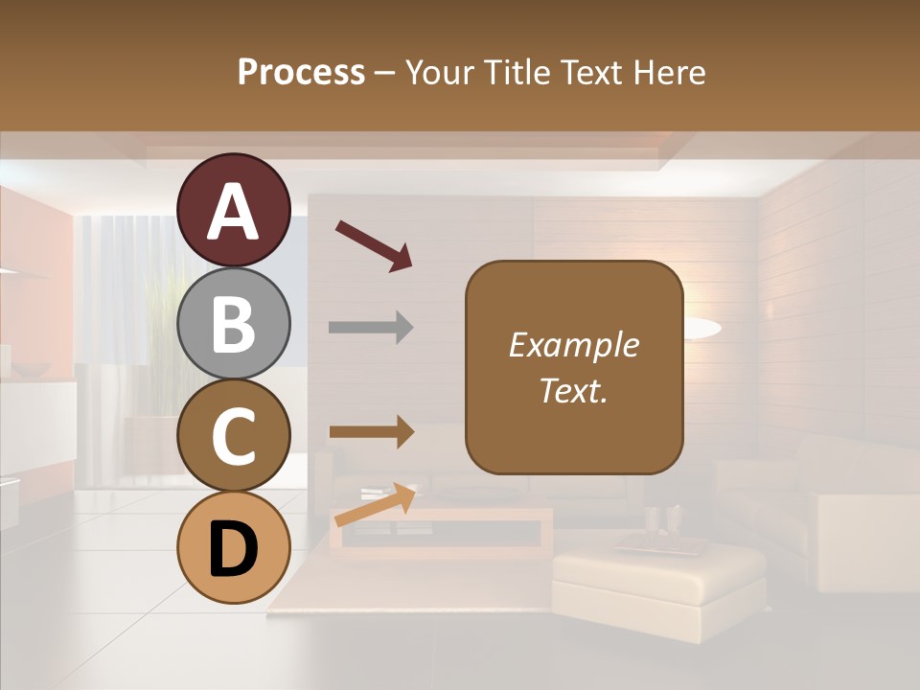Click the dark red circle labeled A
(234, 210)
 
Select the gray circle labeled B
(234, 323)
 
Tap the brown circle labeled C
(234, 435)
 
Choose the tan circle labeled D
(234, 548)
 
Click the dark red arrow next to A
(374, 245)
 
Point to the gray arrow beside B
(371, 328)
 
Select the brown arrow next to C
(371, 432)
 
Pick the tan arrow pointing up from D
(375, 505)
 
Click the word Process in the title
(301, 72)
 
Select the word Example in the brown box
(573, 345)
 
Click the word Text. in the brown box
(573, 390)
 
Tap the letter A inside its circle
(234, 212)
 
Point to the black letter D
(234, 551)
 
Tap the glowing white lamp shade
(701, 329)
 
